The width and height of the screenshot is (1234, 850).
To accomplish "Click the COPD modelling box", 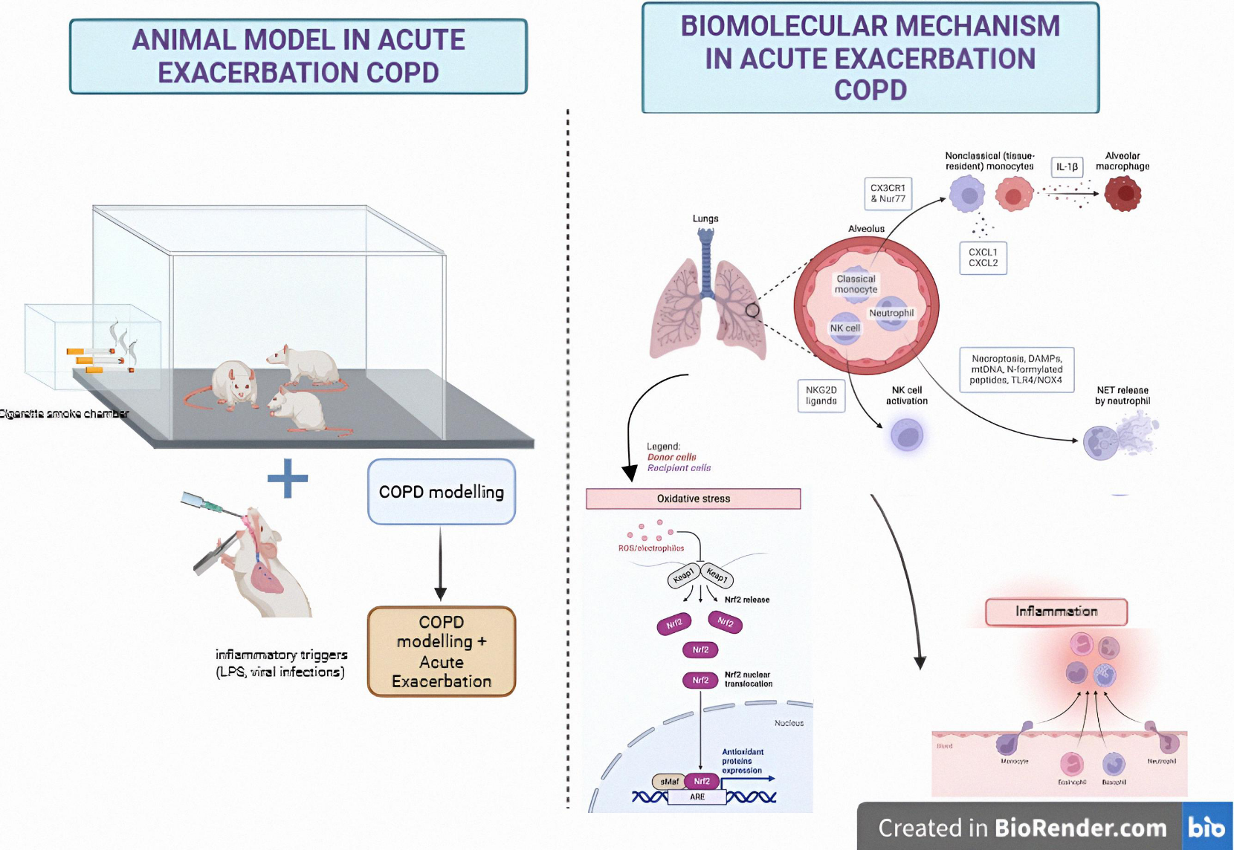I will pos(441,492).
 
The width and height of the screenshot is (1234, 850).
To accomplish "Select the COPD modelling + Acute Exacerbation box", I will pos(441,652).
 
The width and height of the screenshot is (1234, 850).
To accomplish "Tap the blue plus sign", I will pos(288,478).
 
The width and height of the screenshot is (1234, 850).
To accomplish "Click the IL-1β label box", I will pos(1067,167).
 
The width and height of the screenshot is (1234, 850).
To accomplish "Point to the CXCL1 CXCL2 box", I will pos(983,258).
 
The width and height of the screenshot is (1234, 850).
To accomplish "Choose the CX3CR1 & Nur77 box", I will pos(888,193).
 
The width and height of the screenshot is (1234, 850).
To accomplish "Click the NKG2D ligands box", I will pos(821,395).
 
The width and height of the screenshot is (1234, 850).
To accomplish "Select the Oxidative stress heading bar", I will pos(693,499).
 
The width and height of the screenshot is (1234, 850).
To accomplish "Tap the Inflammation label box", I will pos(1056,611).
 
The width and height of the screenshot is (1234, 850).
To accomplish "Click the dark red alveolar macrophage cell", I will pos(1122,195).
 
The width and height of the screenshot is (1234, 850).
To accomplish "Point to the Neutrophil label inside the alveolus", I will pos(891,313).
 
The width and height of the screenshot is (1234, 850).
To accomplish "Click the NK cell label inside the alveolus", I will pos(844,328).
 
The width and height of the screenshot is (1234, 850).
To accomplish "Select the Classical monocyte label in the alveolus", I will pos(856,284).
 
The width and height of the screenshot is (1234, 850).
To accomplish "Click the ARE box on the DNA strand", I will pos(697,797).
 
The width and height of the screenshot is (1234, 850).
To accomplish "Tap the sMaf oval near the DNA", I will pos(669,782).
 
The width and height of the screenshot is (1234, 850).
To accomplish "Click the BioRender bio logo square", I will pos(1206,826).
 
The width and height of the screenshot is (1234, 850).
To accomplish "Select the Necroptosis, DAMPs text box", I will pos(1016,369).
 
